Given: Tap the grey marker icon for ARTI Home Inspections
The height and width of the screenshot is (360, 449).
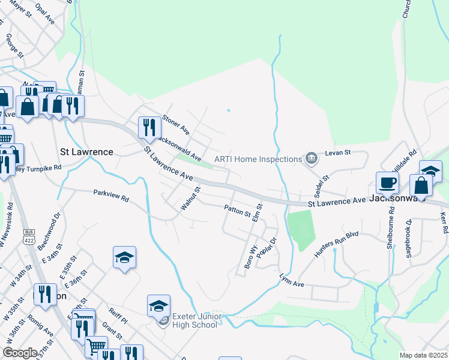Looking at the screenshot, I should click(x=311, y=158).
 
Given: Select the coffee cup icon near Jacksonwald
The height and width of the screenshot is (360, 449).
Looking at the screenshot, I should click(x=387, y=182).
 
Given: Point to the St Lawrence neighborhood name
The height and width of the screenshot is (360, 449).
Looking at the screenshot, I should click(x=87, y=152).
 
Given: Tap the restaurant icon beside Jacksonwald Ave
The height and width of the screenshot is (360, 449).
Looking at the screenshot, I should click(x=149, y=127).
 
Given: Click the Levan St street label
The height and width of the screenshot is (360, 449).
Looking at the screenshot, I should click(x=337, y=154).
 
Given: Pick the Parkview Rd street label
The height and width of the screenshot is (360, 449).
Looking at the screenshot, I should click(x=111, y=196).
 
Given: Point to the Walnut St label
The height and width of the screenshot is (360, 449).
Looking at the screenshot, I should click(x=190, y=198).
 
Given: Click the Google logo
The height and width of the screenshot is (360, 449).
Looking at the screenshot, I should click(x=20, y=353).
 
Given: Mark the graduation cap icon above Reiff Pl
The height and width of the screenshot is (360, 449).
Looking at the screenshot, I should click(x=124, y=258).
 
